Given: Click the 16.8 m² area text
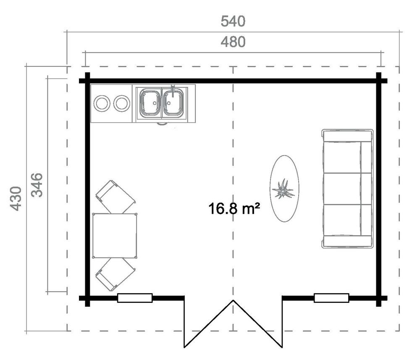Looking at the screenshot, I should point(233,208).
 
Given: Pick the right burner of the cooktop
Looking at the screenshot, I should point(122,103).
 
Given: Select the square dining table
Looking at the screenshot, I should point(115,236).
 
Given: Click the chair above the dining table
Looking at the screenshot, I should point(115,197).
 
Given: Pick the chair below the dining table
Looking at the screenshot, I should point(115,274).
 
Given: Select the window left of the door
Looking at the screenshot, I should point(134,298).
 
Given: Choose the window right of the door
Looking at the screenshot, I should point(331,298).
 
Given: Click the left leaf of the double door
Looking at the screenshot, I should point(209,323).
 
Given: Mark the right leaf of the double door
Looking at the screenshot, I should point(258,323).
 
